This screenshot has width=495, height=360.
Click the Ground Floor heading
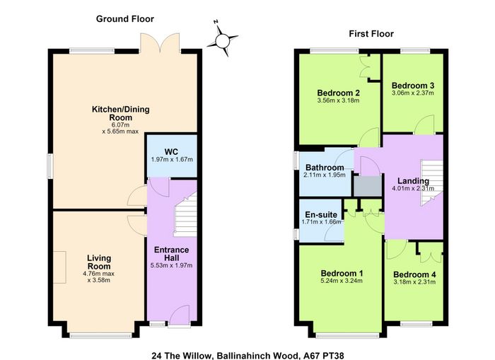click(125, 19)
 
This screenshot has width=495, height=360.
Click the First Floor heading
click(371, 34)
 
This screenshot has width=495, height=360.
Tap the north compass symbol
click(222, 39)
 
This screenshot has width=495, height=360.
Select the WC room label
click(171, 151)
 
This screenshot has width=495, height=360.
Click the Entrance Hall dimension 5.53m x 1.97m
click(171, 265)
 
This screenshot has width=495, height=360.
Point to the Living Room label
click(99, 262)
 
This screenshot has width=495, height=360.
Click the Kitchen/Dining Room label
click(121, 113)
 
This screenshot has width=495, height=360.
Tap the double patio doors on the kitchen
click(161, 42)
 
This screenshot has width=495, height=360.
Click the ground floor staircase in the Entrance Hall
click(185, 215)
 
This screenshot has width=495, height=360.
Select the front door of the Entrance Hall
click(179, 315)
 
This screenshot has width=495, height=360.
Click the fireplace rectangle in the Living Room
click(59, 267)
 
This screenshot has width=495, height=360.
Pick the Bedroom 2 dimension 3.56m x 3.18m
click(339, 100)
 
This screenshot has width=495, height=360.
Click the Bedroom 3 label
click(413, 86)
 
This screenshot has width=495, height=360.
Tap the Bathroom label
click(325, 168)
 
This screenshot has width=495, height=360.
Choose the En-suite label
click(321, 215)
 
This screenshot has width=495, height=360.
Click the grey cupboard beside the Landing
click(368, 186)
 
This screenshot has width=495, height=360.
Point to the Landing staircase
click(431, 183)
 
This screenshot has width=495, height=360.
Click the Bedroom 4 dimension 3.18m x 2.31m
click(414, 281)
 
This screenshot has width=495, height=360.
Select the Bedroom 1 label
click(342, 273)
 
